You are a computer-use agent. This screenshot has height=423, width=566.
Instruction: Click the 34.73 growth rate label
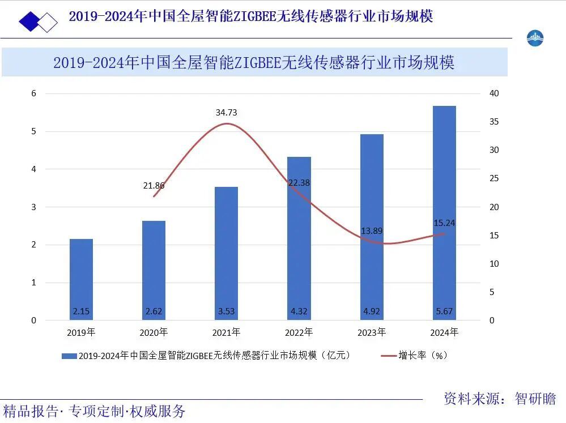(x=226, y=113)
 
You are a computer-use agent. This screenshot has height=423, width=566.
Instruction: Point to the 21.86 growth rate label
(x=154, y=185)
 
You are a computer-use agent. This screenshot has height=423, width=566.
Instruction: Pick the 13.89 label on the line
(x=372, y=231)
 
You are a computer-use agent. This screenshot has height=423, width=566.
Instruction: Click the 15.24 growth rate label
(x=444, y=223)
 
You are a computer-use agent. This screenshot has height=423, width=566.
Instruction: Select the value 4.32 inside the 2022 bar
(x=299, y=311)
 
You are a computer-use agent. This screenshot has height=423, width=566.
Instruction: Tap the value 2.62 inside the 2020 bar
(x=154, y=311)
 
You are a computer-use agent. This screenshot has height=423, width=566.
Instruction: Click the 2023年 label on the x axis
(x=372, y=332)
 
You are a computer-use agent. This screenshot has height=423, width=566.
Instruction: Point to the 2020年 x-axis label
(x=154, y=332)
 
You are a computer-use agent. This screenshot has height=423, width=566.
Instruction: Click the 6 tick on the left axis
(x=33, y=93)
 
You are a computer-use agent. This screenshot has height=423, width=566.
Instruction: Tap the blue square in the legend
(x=69, y=356)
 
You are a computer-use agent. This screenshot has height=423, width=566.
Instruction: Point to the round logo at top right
(x=535, y=38)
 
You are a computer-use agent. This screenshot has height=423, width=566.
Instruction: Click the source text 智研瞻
(x=535, y=399)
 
